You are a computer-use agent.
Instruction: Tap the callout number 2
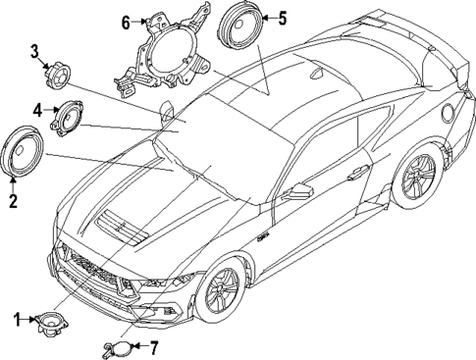[x=13, y=202]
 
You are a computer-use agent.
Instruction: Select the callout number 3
[x=33, y=51]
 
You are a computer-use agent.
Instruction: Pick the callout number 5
[x=283, y=18]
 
